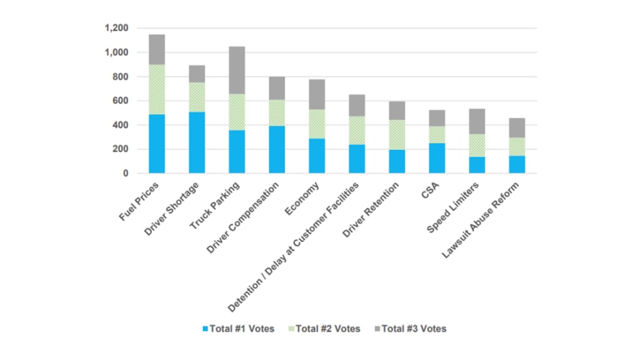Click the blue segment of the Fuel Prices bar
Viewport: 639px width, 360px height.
tap(156, 143)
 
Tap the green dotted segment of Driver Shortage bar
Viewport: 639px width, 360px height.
tap(196, 97)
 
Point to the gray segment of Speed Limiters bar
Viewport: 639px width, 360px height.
tap(476, 121)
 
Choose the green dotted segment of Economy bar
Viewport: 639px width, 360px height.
tap(316, 124)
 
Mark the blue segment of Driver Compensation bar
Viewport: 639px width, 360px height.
tap(276, 149)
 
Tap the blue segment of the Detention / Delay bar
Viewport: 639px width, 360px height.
tap(356, 158)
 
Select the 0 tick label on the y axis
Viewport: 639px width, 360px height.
tap(126, 173)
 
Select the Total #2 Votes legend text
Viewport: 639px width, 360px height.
tap(328, 329)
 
